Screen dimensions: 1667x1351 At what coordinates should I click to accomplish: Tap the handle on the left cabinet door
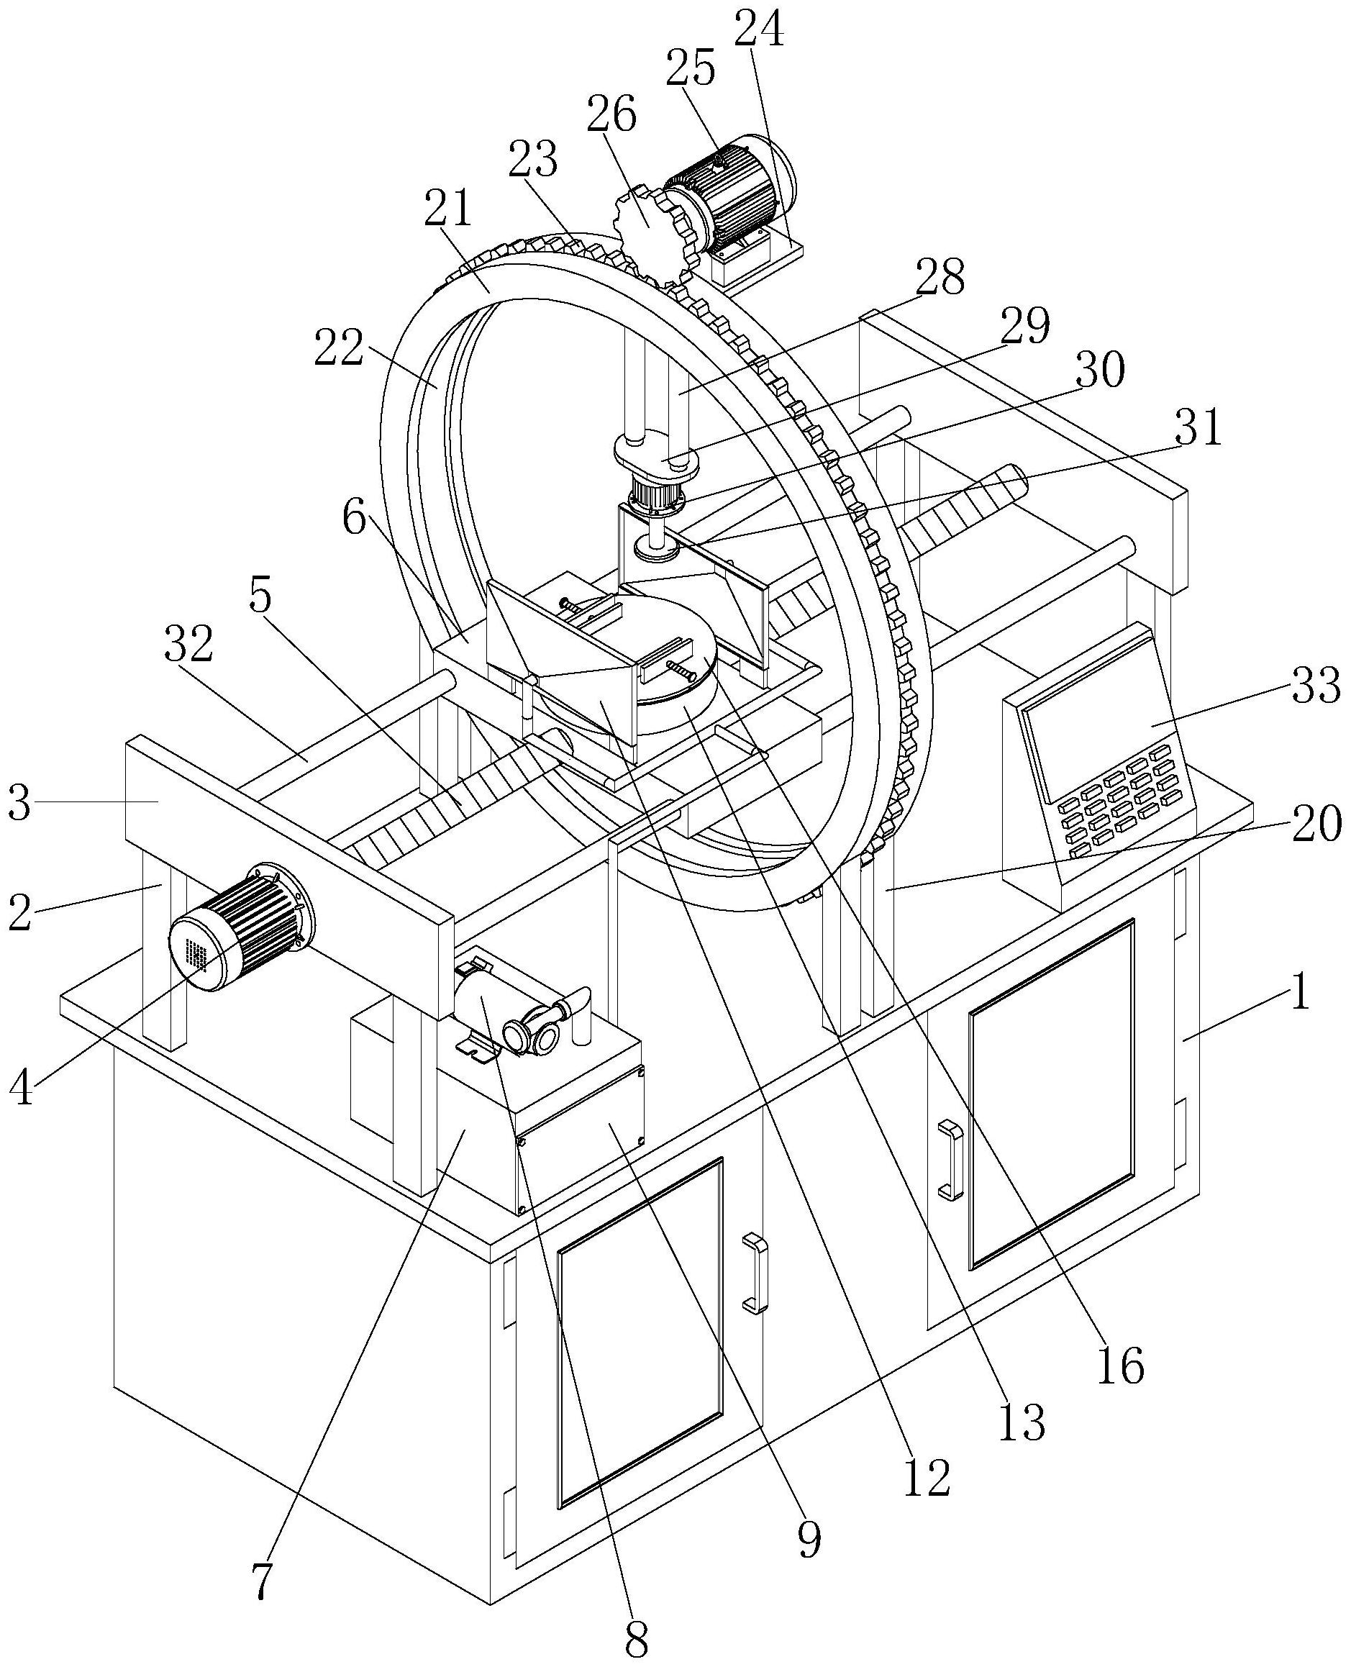(754, 1273)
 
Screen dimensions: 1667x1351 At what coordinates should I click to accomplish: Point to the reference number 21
(448, 209)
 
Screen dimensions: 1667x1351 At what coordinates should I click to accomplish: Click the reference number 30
(1101, 371)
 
